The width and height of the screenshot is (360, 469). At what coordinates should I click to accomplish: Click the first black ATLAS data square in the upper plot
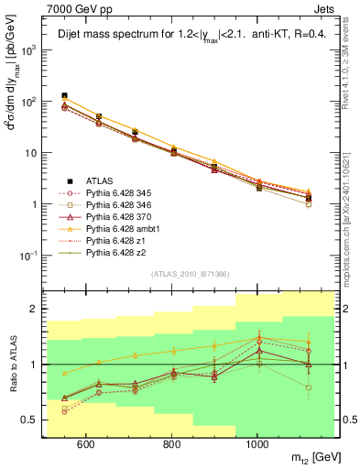click(x=64, y=95)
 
